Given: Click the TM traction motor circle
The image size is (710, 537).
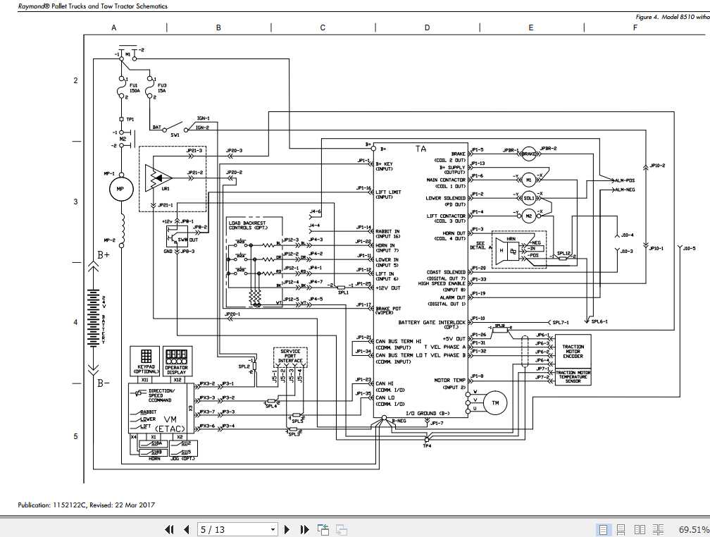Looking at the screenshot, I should point(494,402).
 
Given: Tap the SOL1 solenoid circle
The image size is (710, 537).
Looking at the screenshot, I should point(529,198).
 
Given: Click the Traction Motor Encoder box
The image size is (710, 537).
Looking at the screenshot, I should point(573,350).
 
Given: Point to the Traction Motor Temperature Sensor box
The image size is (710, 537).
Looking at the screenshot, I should point(573,377).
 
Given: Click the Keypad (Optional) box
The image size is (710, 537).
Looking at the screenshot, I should point(144,360).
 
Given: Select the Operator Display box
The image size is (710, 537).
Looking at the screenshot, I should point(177,360).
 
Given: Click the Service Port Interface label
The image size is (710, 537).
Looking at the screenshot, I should point(290,356).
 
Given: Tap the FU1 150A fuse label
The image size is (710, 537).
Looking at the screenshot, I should point(134,88).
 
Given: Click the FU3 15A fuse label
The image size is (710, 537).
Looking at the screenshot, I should point(162,88).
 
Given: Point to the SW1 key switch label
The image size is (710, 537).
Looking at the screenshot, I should point(174,134).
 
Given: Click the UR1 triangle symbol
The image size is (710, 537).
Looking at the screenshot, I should point(156,177).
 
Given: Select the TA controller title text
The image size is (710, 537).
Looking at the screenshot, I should point(421,149).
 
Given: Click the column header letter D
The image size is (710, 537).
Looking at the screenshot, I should point(427,27).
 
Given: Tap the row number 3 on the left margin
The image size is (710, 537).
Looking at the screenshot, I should point(76,202).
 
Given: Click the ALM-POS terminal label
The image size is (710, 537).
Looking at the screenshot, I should point(624,180).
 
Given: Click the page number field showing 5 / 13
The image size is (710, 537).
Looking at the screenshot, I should point(238,529).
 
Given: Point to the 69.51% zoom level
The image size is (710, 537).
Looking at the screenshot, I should point(693,529).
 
